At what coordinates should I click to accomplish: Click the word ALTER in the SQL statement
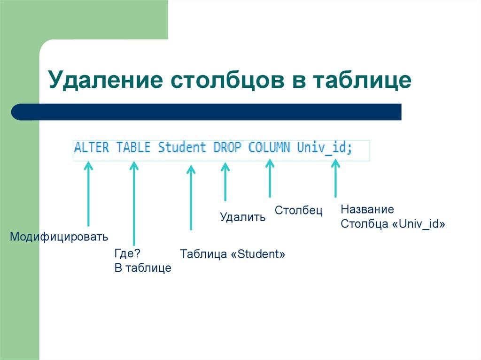(x=92, y=147)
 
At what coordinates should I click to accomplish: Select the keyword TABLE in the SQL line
(x=133, y=147)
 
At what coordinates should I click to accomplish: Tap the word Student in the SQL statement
(x=182, y=147)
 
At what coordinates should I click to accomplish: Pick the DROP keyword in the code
(x=227, y=147)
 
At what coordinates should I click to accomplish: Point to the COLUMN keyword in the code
(x=270, y=147)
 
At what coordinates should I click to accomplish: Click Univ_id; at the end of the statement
(x=325, y=147)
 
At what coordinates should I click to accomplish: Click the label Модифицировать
(x=59, y=236)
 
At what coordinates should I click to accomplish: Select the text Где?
(x=127, y=253)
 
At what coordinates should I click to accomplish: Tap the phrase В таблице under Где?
(x=143, y=268)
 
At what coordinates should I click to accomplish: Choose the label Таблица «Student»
(x=233, y=254)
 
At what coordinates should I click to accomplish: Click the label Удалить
(x=243, y=217)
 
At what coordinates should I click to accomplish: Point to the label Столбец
(x=299, y=211)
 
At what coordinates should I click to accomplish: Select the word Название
(x=367, y=209)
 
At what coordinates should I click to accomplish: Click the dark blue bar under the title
(x=207, y=112)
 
